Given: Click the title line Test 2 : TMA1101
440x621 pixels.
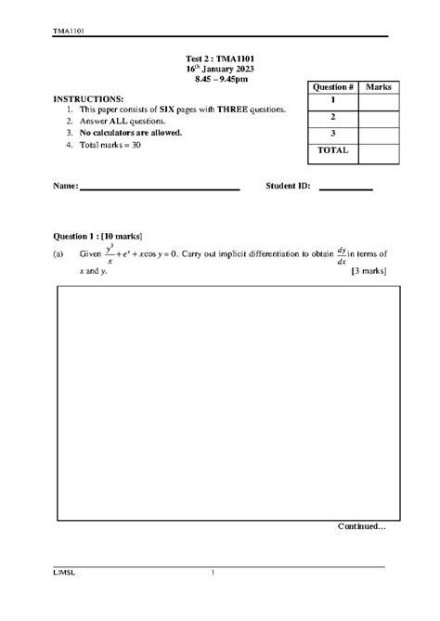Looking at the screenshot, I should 220,58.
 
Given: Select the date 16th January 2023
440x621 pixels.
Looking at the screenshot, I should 220,70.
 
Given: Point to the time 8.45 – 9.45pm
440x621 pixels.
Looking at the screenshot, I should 220,81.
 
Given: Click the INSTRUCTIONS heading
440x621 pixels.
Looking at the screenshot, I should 88,97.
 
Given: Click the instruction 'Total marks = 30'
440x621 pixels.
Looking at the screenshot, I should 111,145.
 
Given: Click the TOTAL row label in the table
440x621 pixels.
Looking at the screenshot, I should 331,149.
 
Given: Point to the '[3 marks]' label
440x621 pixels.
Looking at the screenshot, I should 369,270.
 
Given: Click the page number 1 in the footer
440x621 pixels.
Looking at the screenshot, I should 213,573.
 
